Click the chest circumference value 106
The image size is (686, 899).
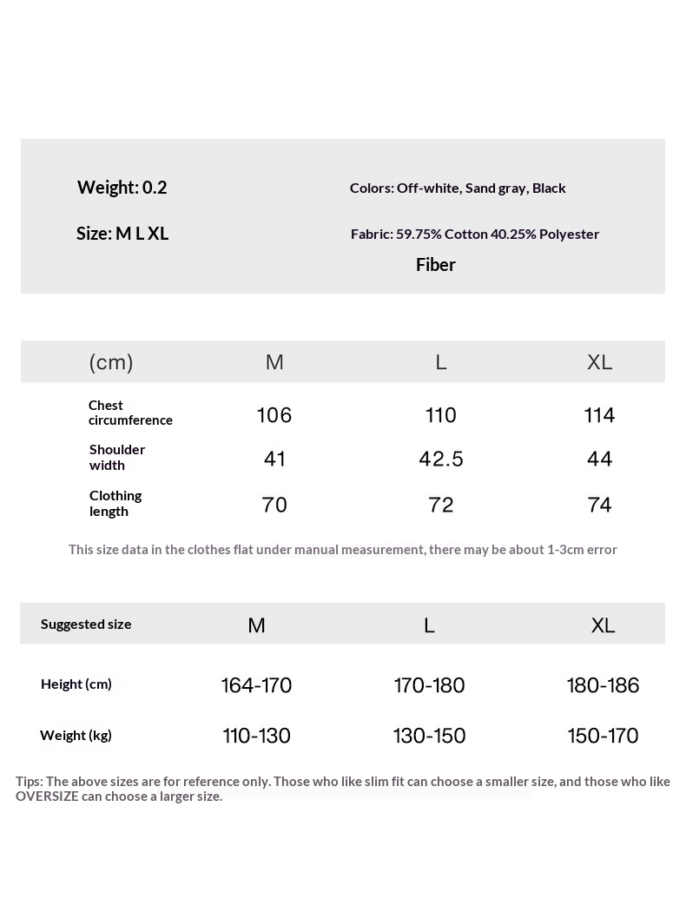click(274, 415)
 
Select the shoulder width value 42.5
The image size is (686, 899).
click(441, 459)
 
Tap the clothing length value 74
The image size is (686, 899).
click(600, 505)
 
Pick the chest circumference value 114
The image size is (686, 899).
click(600, 415)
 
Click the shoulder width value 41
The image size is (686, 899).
click(274, 459)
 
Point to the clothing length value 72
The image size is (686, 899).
click(441, 505)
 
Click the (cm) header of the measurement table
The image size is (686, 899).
click(111, 362)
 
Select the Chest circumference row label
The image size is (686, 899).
click(130, 413)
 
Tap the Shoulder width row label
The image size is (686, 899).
click(117, 457)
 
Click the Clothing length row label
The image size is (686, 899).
click(115, 503)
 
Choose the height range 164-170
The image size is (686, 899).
click(256, 685)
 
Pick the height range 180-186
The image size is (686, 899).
click(603, 685)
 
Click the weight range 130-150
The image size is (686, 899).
click(429, 736)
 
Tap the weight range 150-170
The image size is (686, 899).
click(603, 736)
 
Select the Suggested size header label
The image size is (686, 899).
click(86, 624)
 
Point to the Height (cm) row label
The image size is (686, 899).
click(76, 684)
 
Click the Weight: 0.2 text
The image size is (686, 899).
click(122, 188)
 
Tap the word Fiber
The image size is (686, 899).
click(436, 265)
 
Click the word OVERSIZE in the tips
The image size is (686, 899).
click(47, 797)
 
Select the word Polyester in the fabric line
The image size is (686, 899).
click(569, 234)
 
